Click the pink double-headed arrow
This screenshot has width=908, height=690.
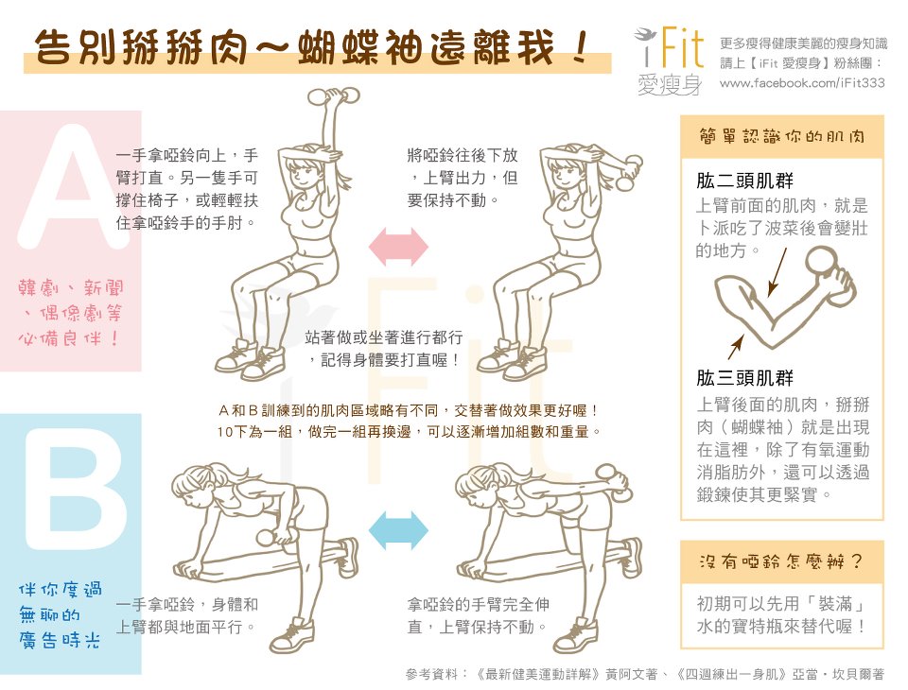tap(398, 247)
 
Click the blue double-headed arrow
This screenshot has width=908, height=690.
tap(398, 530)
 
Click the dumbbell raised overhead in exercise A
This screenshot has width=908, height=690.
tap(333, 96)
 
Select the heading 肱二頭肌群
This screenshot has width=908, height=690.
tap(744, 181)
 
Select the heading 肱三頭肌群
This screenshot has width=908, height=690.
tap(744, 378)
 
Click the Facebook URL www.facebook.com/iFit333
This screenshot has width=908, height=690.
tap(802, 83)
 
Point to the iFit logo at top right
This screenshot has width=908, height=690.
tap(671, 60)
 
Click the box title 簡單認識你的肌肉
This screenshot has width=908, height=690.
tap(782, 137)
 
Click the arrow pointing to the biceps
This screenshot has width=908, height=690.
tap(777, 272)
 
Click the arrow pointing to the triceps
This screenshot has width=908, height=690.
tap(736, 346)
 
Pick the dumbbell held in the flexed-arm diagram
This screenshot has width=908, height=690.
tap(829, 273)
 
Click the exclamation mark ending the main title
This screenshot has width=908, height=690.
tap(579, 47)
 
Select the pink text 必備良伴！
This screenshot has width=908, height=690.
tap(68, 338)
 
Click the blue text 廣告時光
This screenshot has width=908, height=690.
tap(59, 640)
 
